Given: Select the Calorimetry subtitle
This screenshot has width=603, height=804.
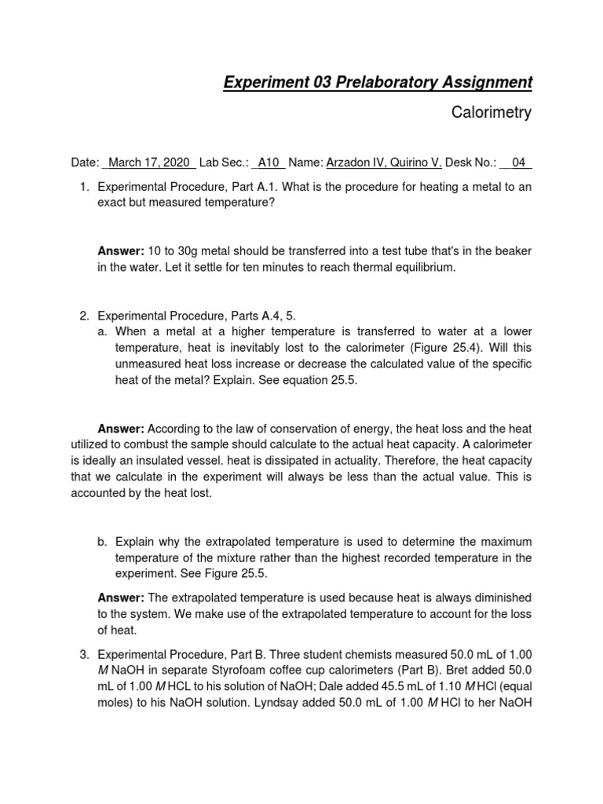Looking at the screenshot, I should click(492, 112).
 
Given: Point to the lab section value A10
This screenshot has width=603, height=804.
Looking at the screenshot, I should click(269, 163).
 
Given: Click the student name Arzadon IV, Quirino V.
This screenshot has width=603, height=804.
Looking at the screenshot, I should click(384, 163).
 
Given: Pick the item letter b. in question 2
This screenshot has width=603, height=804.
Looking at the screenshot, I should click(102, 542).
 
